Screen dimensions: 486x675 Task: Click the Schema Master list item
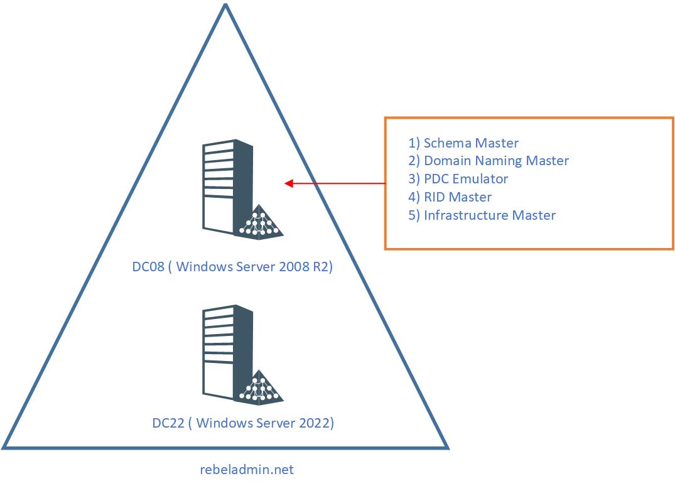click(x=463, y=143)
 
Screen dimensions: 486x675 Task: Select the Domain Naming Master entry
click(x=489, y=161)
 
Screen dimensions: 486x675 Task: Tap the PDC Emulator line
click(x=458, y=179)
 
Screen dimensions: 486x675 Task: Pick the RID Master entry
click(x=450, y=197)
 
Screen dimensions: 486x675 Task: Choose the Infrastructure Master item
click(x=482, y=215)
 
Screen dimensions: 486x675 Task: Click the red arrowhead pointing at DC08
click(x=289, y=183)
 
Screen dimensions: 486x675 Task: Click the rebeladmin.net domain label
click(x=246, y=470)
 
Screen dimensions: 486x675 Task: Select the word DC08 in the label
click(x=148, y=267)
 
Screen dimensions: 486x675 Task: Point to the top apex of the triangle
click(x=225, y=5)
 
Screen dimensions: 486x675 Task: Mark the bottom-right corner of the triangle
click(x=447, y=447)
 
